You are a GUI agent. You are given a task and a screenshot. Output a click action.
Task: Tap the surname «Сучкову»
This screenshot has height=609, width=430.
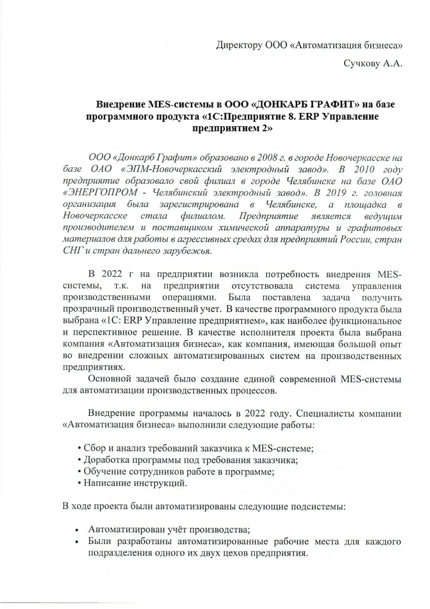[362, 64]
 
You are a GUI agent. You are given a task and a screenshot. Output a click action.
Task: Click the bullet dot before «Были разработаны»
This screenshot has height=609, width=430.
[77, 542]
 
